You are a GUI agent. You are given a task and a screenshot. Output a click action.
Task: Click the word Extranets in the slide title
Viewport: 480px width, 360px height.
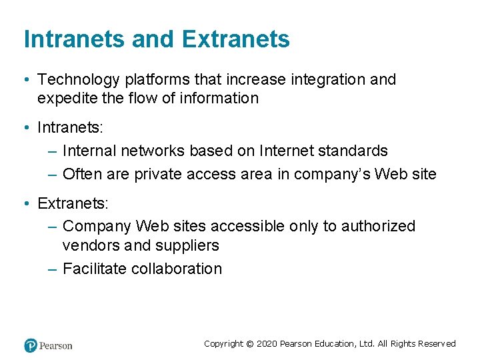point(235,39)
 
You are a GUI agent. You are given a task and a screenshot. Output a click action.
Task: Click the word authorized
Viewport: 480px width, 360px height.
point(378,227)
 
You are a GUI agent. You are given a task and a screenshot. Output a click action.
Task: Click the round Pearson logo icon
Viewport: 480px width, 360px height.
point(31,345)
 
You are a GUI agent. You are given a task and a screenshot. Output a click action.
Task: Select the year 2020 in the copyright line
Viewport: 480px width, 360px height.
point(267,344)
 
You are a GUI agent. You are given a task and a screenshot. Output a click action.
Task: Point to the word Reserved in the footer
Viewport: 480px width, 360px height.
point(437,344)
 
